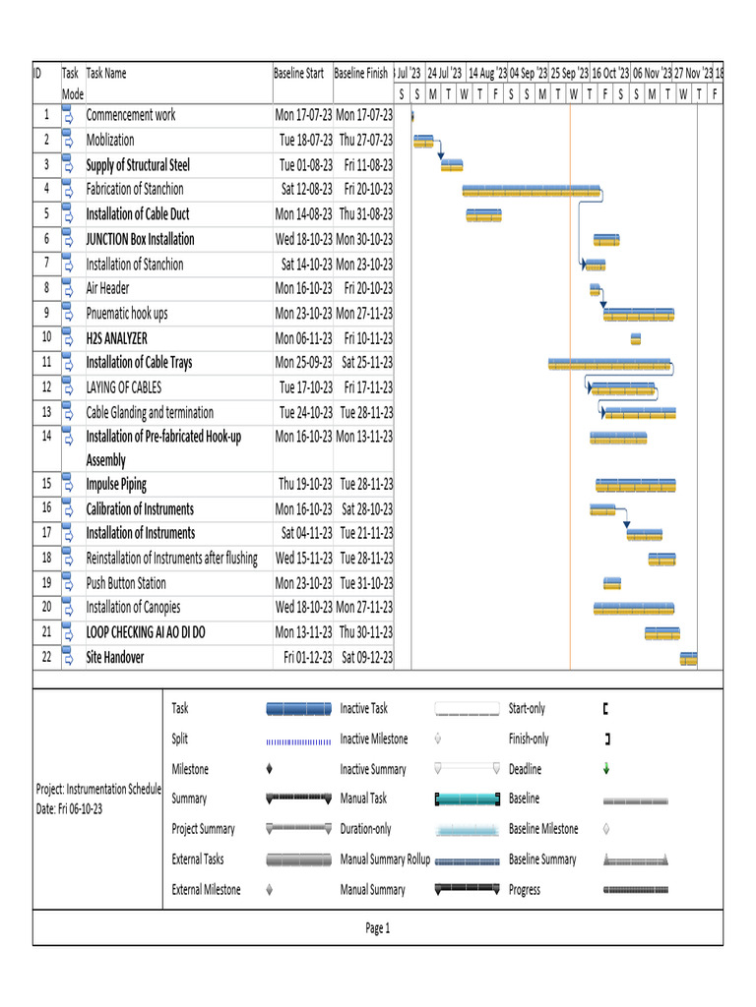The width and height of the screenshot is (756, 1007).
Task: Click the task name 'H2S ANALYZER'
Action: click(116, 338)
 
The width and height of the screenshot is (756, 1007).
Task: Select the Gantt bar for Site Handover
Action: click(688, 658)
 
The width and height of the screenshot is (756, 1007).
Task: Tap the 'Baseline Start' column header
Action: click(298, 74)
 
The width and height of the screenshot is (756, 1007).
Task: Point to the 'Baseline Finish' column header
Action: click(361, 74)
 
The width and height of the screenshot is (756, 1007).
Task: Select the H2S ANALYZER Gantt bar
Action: click(636, 339)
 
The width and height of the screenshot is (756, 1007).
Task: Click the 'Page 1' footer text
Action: click(378, 928)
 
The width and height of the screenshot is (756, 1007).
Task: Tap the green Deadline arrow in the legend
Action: click(606, 770)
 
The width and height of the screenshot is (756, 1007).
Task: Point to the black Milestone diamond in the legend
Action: click(270, 769)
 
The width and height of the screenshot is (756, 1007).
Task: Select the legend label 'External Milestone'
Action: click(206, 890)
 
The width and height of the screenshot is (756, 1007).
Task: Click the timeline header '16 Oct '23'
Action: click(609, 74)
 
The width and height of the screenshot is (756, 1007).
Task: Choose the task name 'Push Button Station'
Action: click(126, 583)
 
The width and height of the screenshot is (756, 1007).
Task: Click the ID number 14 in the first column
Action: click(46, 436)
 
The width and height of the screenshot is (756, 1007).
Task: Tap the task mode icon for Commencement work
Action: click(68, 115)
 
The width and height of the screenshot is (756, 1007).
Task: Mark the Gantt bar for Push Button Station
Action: click(612, 584)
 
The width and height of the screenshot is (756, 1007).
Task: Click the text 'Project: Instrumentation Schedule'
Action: click(97, 789)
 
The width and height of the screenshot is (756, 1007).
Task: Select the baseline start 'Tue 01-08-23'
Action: click(305, 165)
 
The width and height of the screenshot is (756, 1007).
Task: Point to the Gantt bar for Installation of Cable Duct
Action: click(483, 215)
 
